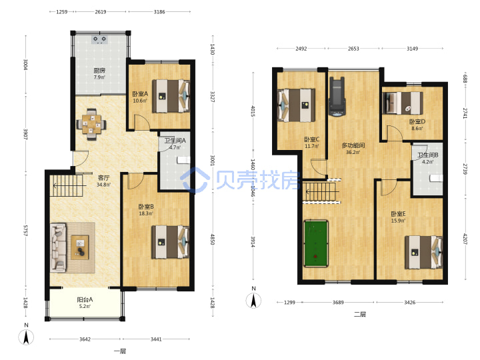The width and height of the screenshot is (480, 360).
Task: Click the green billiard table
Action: tap(316, 243)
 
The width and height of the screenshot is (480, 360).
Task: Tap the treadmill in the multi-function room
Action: tap(337, 97)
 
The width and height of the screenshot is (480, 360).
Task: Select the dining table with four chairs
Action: tap(91, 124)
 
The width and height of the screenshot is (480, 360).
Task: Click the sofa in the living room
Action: tap(58, 247)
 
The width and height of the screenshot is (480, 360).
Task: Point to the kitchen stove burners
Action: tap(100, 39)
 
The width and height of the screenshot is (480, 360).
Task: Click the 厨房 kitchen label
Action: tap(99, 71)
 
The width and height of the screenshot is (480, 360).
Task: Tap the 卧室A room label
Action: tap(140, 94)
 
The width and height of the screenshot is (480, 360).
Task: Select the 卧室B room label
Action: tap(146, 207)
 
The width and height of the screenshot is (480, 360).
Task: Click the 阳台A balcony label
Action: tap(85, 299)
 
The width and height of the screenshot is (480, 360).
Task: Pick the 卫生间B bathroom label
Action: tap(428, 155)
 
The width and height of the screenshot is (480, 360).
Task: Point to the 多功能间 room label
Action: tap(353, 145)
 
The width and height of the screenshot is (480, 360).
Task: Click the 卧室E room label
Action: tap(398, 214)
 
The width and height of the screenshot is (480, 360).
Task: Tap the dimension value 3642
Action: tap(85, 339)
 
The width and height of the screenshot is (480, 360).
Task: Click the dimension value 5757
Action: tap(26, 231)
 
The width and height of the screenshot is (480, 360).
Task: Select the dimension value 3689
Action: tap(338, 303)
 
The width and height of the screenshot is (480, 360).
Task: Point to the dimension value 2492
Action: tap(301, 49)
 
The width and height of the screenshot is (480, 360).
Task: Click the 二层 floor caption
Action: tap(360, 314)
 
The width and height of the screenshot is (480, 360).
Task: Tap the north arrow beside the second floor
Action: tap(253, 300)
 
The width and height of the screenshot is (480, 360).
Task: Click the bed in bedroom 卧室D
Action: tap(403, 103)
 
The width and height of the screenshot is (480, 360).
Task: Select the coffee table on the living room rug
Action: tap(80, 247)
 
